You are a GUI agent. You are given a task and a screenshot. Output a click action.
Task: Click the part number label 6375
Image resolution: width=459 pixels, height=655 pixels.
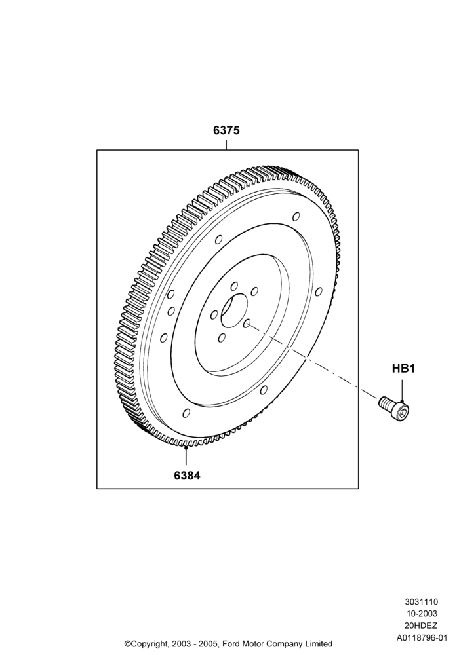226,130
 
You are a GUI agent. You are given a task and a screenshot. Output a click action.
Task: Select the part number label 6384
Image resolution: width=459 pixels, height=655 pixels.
187,475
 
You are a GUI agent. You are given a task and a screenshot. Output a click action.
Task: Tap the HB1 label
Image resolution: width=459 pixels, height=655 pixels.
403,369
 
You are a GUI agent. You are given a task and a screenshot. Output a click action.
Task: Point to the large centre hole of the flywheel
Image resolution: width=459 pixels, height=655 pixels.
235,310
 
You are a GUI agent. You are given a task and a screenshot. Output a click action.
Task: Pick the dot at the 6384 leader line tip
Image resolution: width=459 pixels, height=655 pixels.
186,447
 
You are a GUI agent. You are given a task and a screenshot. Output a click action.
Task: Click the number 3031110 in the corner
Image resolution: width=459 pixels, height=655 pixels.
421,602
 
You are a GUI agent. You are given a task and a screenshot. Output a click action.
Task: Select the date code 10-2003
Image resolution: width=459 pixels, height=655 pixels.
422,614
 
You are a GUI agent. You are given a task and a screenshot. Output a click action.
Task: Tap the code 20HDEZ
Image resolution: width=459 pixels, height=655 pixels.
422,626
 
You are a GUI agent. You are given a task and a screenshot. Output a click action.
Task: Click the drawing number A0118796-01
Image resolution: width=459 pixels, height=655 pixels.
422,638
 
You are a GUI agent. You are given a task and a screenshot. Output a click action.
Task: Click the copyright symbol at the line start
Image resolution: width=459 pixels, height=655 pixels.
128,643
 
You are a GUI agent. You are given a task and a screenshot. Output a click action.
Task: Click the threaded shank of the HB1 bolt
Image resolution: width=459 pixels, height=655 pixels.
385,402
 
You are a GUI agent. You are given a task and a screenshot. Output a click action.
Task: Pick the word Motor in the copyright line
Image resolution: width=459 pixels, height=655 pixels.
252,643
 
